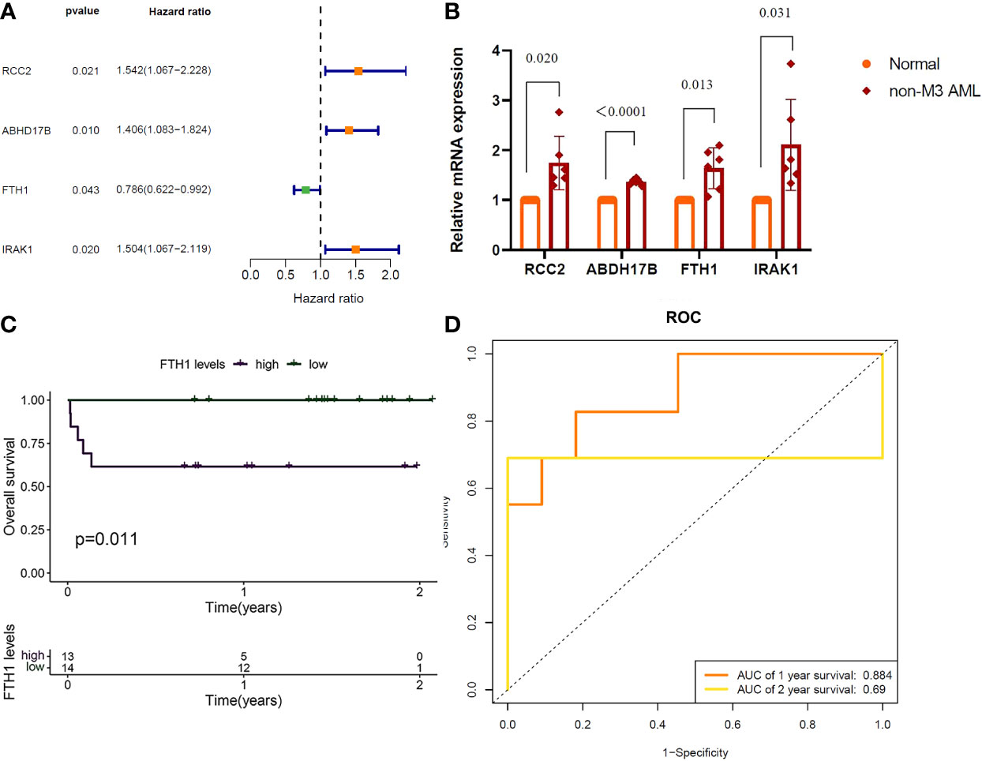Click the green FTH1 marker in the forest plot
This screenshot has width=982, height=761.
[305, 189]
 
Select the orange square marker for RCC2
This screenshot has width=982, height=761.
[358, 71]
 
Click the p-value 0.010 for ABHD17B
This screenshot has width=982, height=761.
[85, 130]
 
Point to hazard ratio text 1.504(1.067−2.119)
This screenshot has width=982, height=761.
[163, 249]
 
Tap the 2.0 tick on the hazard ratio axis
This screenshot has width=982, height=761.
[390, 275]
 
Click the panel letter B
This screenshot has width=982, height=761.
[452, 11]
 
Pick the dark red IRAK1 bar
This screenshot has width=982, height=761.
[791, 197]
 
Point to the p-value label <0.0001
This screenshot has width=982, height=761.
[620, 111]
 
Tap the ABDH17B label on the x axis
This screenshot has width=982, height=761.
[621, 269]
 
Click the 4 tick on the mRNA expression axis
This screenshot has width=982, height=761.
[496, 51]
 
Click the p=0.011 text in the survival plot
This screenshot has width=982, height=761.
[107, 539]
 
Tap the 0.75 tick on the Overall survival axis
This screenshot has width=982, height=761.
[32, 444]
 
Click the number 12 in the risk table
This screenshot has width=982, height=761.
[243, 668]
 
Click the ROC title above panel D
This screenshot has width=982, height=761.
[683, 317]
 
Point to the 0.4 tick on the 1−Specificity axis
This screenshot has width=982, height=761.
[657, 724]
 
